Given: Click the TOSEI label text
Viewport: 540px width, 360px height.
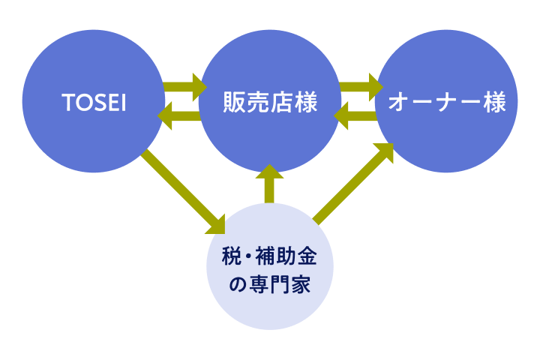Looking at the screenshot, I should (93, 103).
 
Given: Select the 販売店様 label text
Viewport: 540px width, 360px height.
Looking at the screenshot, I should (270, 103).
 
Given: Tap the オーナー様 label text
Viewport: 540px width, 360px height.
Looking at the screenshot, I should (446, 103).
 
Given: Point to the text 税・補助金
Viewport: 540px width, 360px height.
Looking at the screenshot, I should (270, 258).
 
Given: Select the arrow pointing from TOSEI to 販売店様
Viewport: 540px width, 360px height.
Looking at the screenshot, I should (184, 87).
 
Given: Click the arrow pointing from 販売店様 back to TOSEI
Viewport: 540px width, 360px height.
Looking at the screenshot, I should (179, 116).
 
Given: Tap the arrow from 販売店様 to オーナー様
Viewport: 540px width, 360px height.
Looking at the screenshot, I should (361, 87).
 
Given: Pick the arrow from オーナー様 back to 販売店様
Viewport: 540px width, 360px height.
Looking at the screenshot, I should (355, 116).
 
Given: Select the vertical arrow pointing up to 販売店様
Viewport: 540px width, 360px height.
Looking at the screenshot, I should (270, 184).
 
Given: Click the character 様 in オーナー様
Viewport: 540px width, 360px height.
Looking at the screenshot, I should (494, 103).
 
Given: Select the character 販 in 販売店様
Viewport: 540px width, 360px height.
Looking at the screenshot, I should (234, 103).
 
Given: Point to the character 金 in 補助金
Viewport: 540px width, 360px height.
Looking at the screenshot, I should (307, 258).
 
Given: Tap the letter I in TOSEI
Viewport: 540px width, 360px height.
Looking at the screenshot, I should (123, 103).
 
